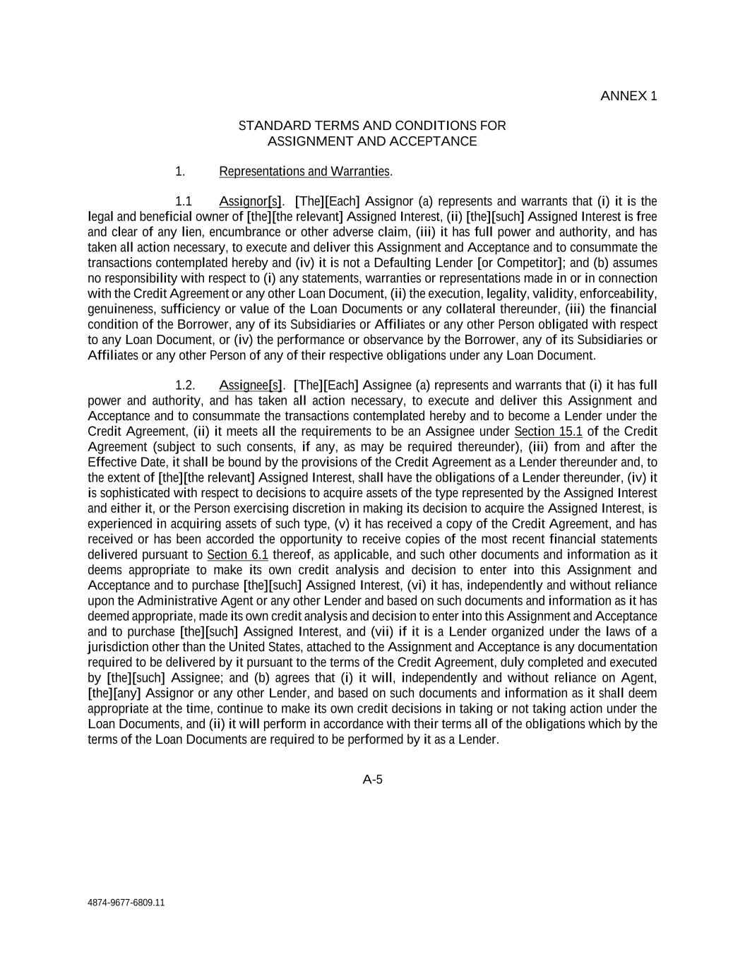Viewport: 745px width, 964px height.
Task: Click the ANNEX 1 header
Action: pos(628,96)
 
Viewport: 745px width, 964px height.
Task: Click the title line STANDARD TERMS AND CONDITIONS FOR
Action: pos(371,126)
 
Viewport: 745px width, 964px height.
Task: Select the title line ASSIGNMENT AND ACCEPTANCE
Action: pos(371,141)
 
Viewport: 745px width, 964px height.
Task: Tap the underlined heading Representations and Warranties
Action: pos(304,172)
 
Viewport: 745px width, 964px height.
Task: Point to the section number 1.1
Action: pos(184,201)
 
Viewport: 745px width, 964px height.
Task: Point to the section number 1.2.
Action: pos(185,385)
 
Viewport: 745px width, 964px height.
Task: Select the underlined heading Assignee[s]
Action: pos(251,385)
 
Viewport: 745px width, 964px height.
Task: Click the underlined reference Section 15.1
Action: pos(548,432)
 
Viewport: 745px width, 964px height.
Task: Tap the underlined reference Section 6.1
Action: pos(237,555)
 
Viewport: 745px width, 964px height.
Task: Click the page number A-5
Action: pos(372,780)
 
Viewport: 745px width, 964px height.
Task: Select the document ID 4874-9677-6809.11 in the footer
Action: pos(126,903)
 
